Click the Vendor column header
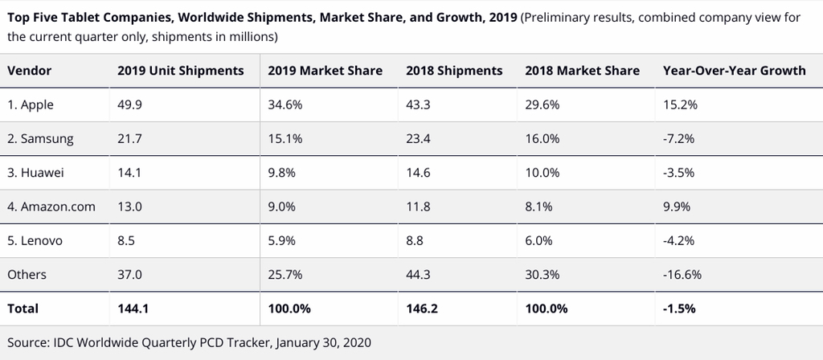click(x=30, y=71)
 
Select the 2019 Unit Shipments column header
click(x=181, y=71)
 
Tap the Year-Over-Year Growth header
click(x=735, y=71)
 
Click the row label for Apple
click(x=31, y=105)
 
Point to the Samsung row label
click(x=40, y=139)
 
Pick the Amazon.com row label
click(x=51, y=207)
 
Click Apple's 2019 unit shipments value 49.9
click(x=129, y=105)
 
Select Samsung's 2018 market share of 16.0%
click(x=543, y=139)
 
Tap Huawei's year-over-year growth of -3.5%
click(x=678, y=173)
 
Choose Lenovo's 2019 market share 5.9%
click(x=282, y=241)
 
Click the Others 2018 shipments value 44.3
click(x=418, y=275)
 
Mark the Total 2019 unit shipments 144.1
click(x=133, y=309)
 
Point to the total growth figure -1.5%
click(x=679, y=309)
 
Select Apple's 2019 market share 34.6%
click(x=285, y=105)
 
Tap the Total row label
click(x=23, y=309)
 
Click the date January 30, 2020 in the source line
click(x=323, y=343)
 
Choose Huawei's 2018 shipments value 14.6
click(x=418, y=173)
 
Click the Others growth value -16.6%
click(x=682, y=275)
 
